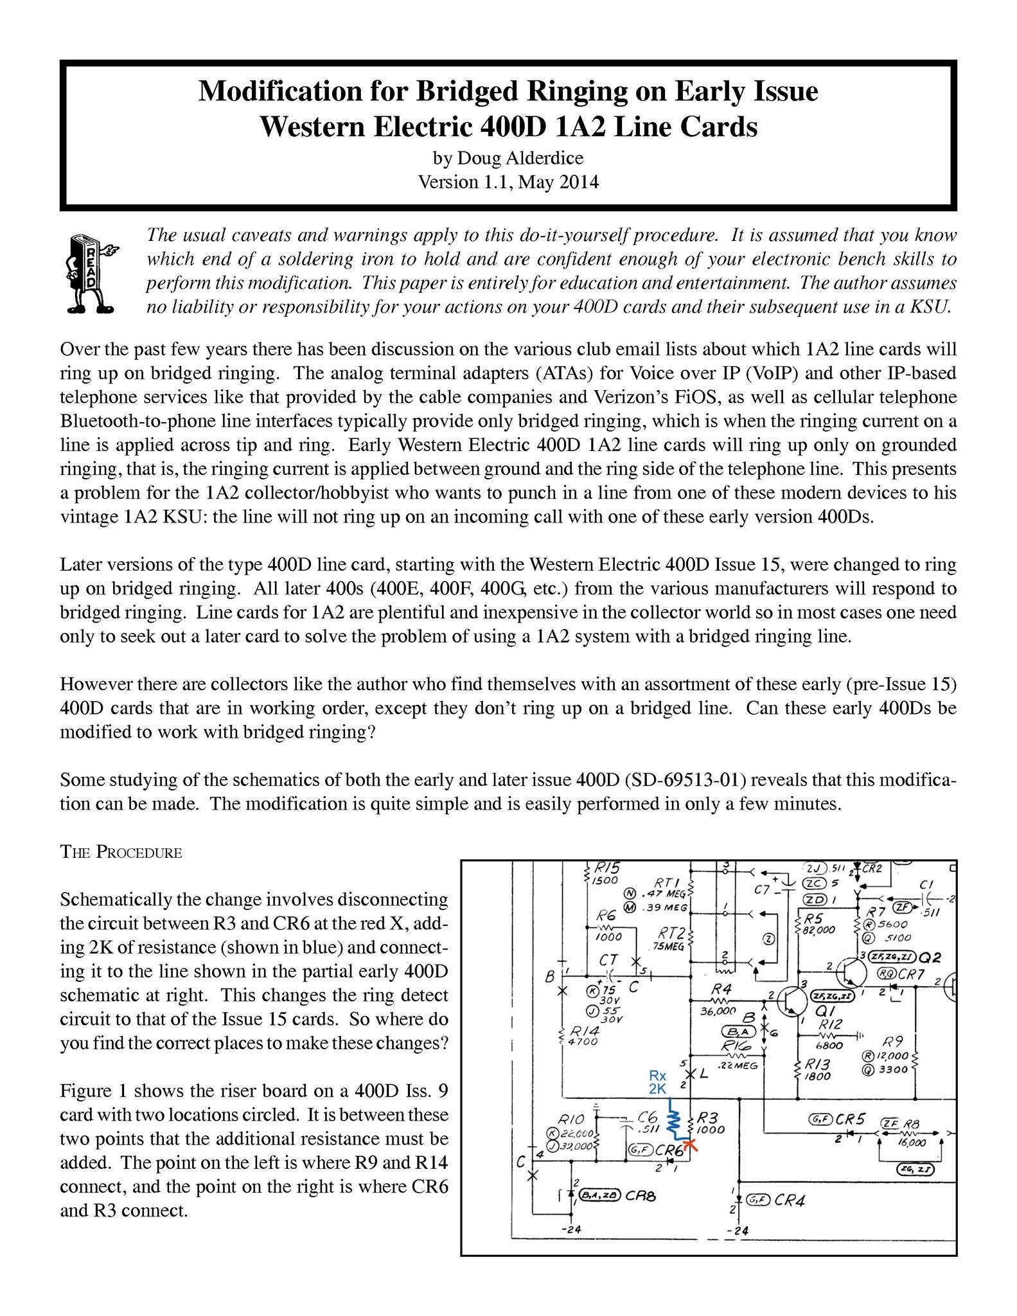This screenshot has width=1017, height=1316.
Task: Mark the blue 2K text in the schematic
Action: click(x=657, y=1089)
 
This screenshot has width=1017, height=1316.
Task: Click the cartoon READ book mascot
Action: click(x=89, y=273)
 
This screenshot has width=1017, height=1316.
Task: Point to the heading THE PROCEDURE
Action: click(x=121, y=853)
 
